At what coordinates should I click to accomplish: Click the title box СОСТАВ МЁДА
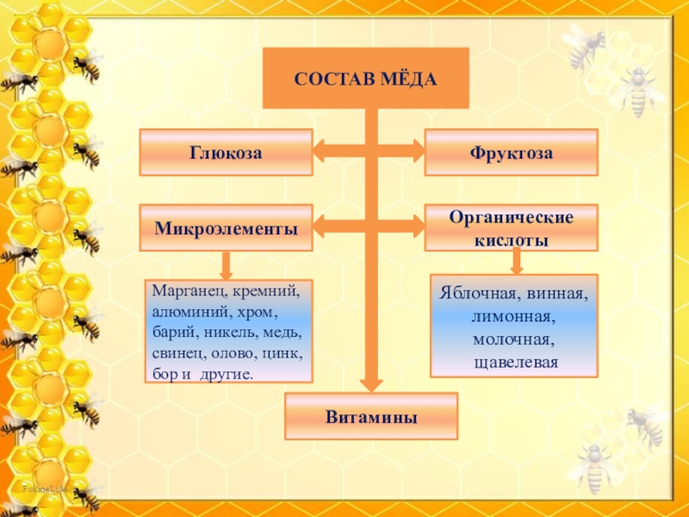365,78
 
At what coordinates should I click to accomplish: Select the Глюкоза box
226,153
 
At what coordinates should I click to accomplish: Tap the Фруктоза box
511,153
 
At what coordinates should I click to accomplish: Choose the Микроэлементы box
226,228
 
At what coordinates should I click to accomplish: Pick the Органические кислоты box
511,228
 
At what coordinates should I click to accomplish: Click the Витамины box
371,417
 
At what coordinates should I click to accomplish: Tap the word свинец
177,354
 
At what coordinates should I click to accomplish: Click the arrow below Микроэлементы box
226,265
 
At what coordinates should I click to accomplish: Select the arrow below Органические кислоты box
516,261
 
